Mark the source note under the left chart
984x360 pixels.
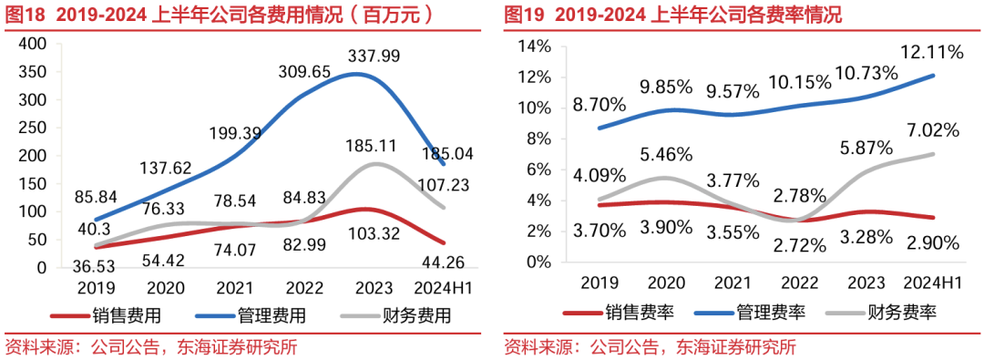pyautogui.click(x=151, y=347)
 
